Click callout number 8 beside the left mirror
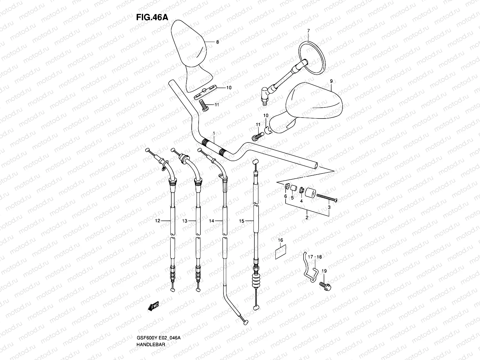[x=217, y=42]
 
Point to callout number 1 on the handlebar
[x=214, y=133]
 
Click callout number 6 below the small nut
[x=285, y=196]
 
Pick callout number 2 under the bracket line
[x=307, y=217]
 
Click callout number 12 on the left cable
[x=157, y=221]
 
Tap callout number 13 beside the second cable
[x=184, y=221]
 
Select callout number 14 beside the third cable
[x=211, y=221]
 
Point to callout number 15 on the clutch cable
[x=242, y=221]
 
